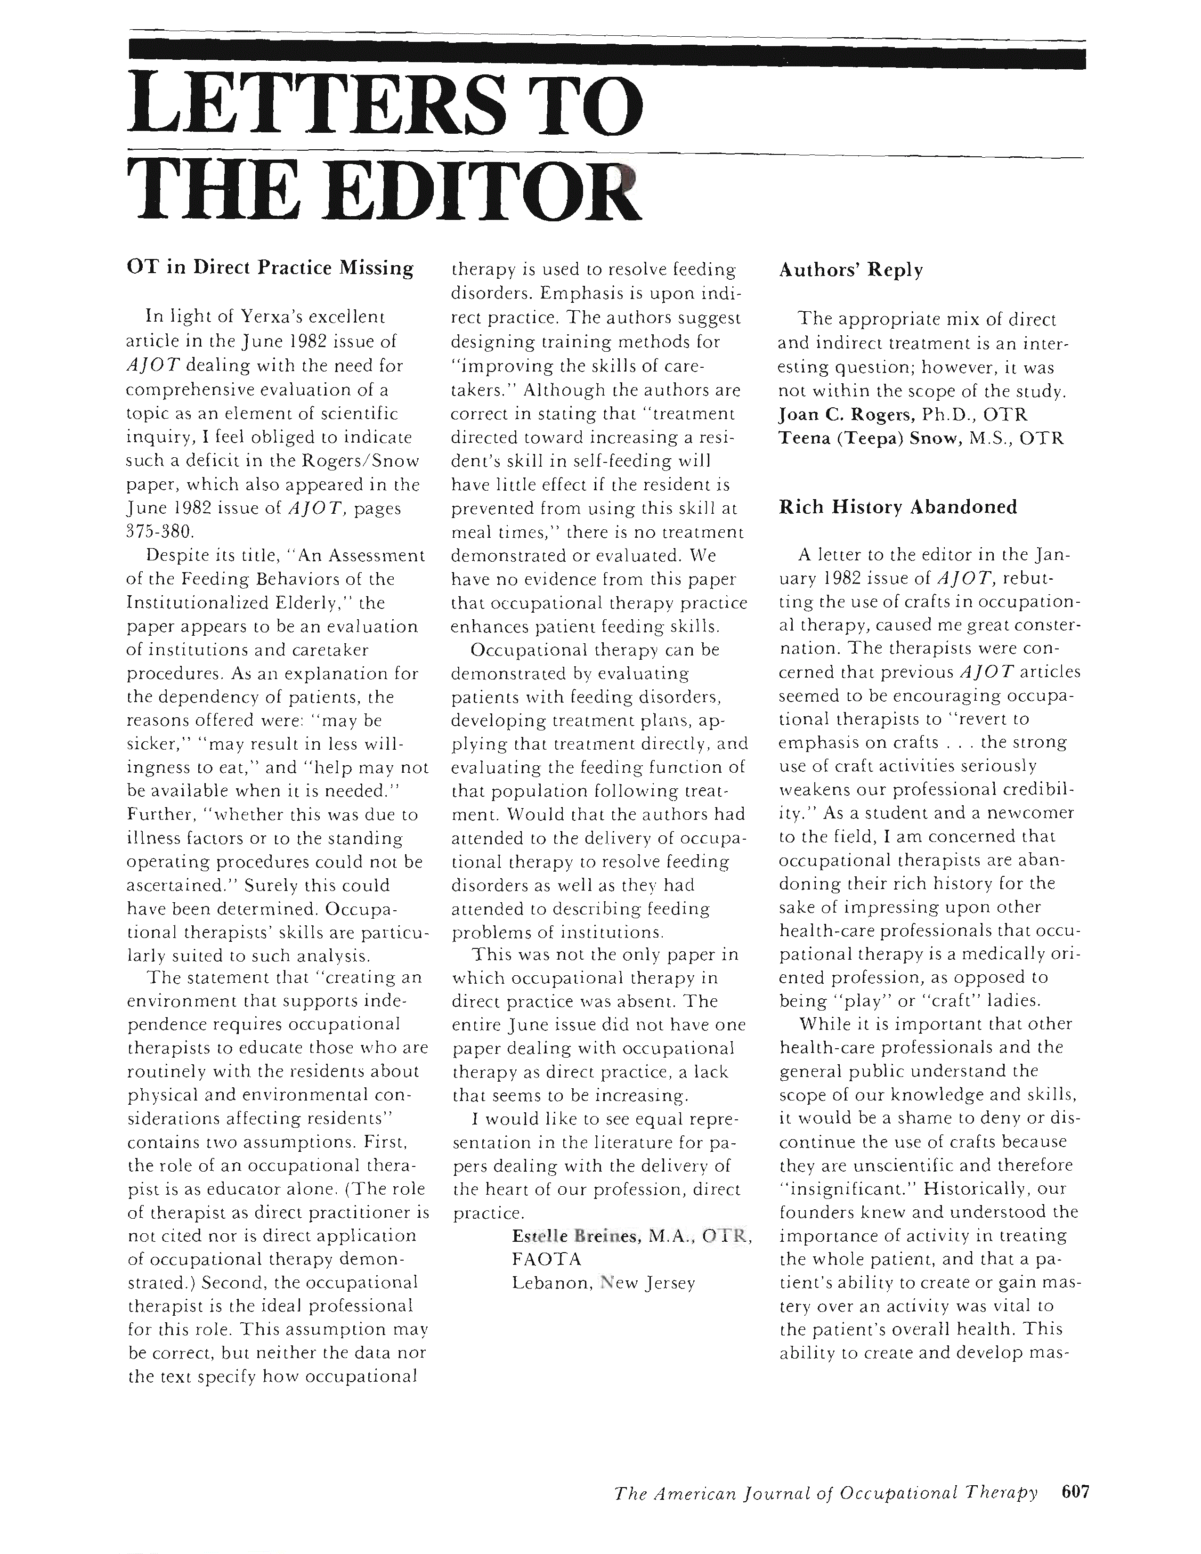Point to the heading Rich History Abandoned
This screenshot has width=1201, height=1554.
click(898, 507)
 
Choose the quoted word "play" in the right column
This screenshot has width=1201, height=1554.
click(862, 1001)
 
